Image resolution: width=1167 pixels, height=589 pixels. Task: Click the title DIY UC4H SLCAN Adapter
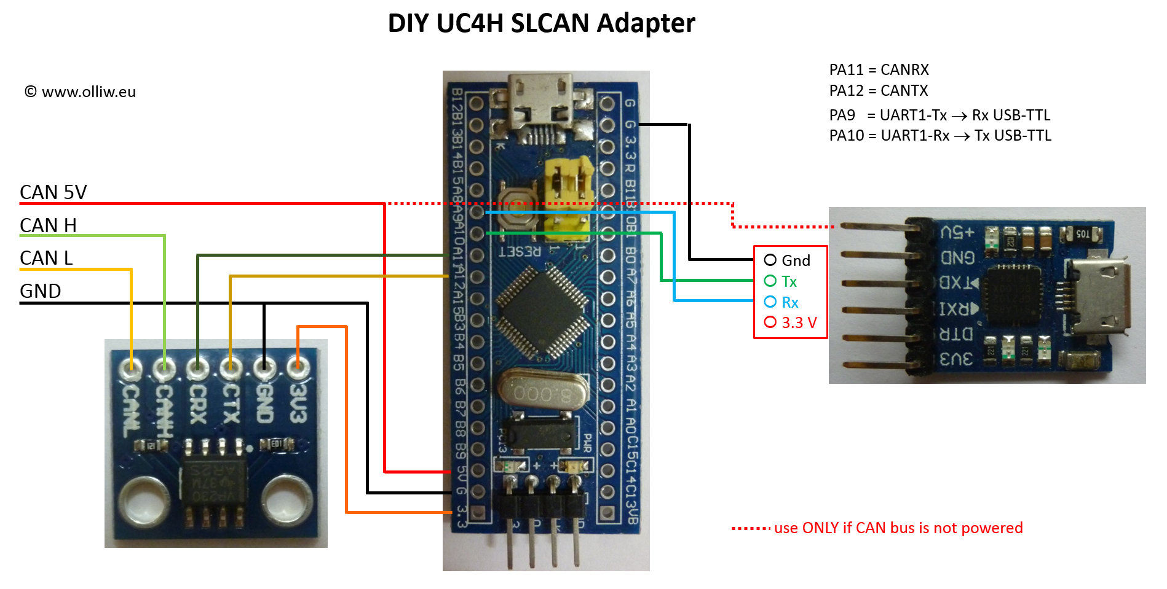point(541,23)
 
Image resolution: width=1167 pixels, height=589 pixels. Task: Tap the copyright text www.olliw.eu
point(80,92)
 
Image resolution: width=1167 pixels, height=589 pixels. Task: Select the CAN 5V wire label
point(53,192)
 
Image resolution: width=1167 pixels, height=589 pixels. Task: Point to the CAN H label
point(48,225)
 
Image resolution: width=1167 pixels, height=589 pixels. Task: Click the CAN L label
point(46,258)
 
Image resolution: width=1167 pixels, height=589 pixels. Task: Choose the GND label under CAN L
point(41,291)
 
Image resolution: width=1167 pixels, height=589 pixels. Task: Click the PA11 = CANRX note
point(879,70)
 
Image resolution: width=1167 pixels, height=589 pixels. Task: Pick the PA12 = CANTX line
point(878,91)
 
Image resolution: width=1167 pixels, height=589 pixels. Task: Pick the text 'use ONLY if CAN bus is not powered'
point(898,528)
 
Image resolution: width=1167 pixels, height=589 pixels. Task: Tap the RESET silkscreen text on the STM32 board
point(520,251)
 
